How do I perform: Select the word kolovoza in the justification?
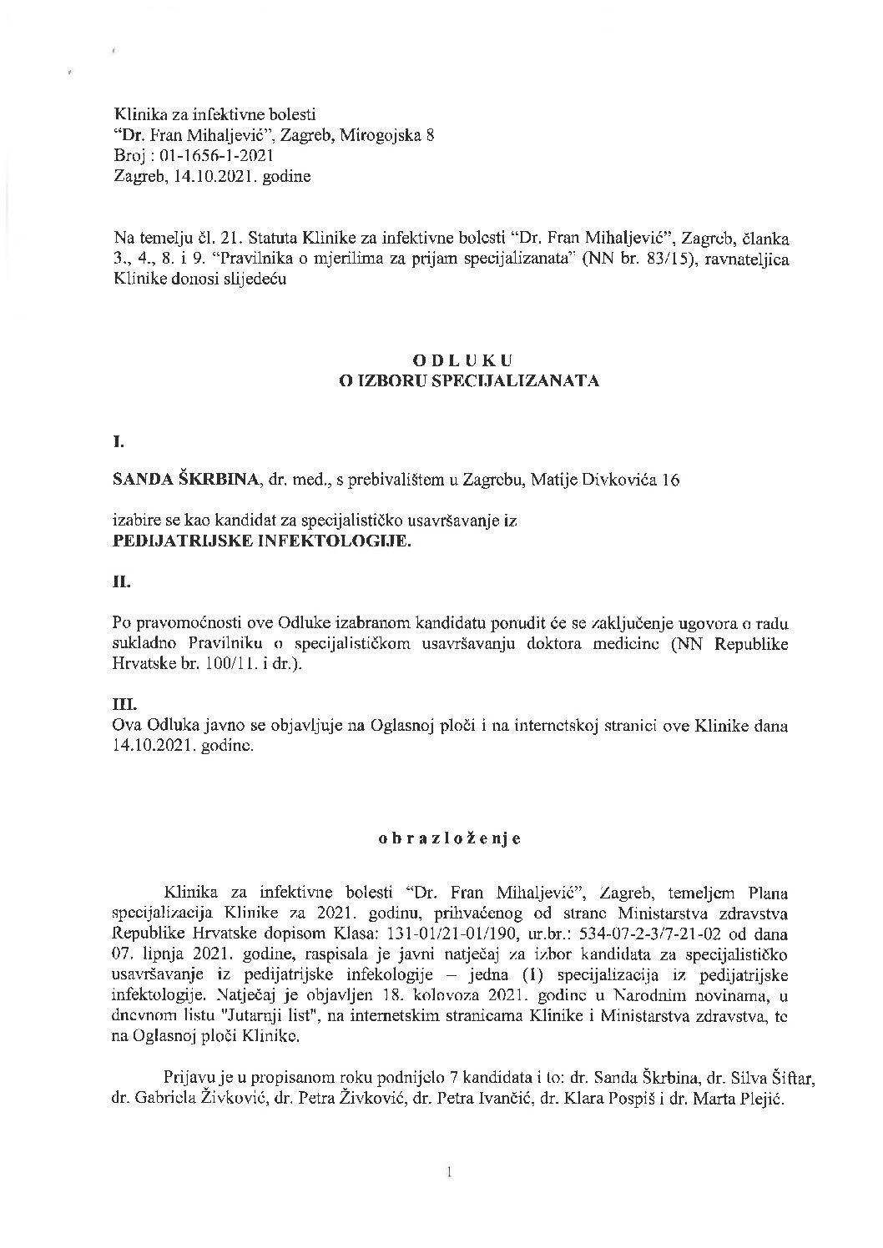[x=446, y=995]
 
